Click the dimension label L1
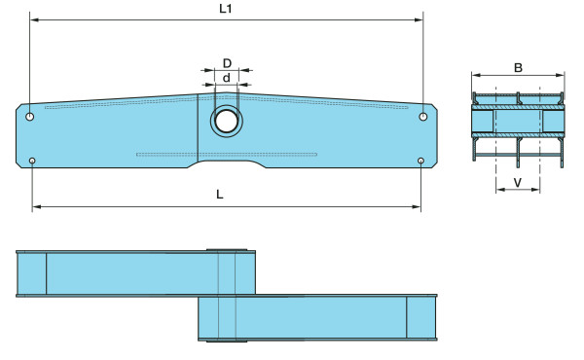click(x=226, y=9)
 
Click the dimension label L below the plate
click(x=220, y=195)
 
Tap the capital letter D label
click(x=227, y=63)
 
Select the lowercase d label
click(x=227, y=78)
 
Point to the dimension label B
click(x=518, y=68)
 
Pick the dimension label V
click(x=518, y=182)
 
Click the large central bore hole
click(x=227, y=122)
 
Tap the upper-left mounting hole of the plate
click(x=30, y=117)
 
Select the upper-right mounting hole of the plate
click(x=423, y=117)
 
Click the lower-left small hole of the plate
click(x=32, y=161)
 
